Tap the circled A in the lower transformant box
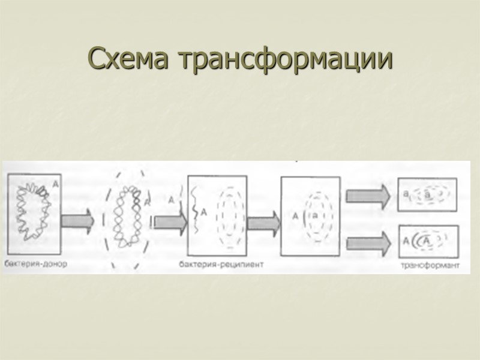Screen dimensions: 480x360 point(425,241)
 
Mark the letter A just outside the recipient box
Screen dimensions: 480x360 point(172,199)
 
